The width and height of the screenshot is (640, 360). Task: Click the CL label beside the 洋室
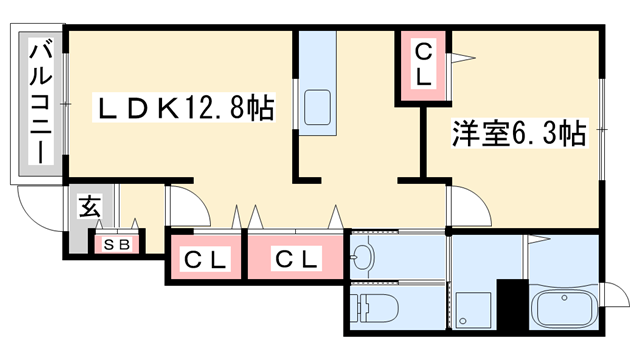click(x=424, y=63)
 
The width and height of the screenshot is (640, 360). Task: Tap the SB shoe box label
click(x=116, y=242)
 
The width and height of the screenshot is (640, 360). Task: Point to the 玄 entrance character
click(x=90, y=210)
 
